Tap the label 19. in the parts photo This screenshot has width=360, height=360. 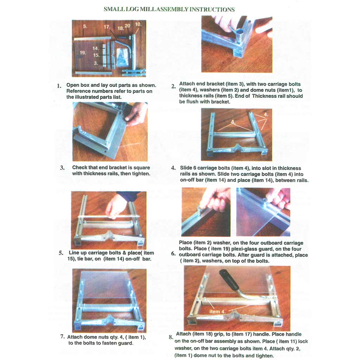83,53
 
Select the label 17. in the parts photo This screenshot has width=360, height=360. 107,27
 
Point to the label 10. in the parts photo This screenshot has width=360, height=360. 138,24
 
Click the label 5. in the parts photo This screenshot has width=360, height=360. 85,26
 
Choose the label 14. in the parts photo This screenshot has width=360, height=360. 96,48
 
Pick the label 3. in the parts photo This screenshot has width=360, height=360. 96,63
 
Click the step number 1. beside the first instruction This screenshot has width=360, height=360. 59,86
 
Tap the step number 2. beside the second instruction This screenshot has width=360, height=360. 173,86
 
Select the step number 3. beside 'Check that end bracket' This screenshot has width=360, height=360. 62,168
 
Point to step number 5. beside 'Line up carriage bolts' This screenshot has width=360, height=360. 61,253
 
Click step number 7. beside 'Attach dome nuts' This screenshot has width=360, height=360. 63,336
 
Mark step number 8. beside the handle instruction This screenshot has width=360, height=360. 171,337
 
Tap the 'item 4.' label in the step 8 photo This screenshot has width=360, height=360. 217,311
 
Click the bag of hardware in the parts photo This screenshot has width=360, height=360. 122,57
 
